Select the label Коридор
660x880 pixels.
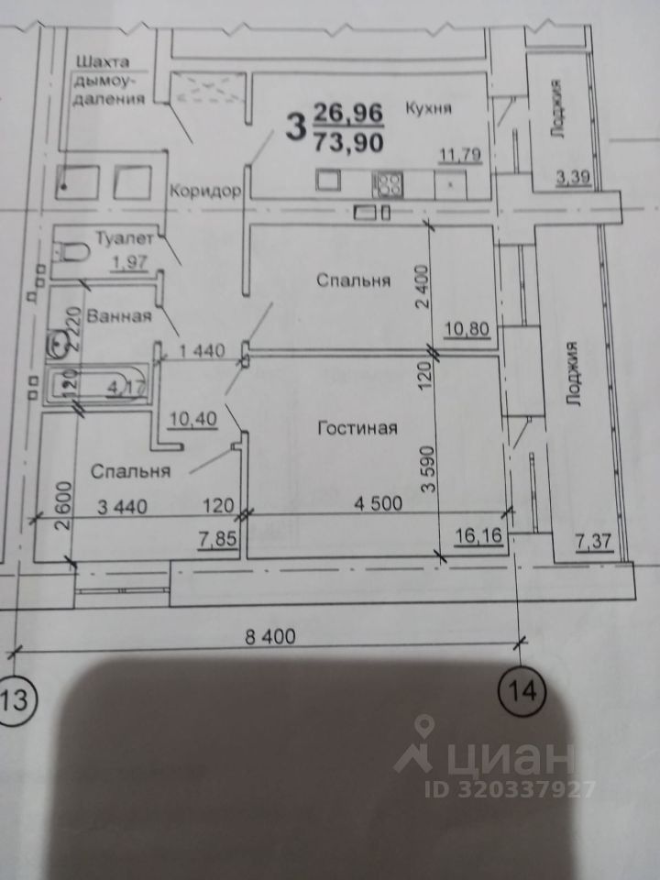[204, 192]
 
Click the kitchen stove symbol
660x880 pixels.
[387, 183]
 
